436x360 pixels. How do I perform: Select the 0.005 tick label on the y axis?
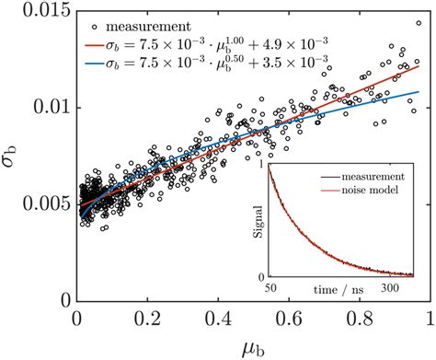point(43,203)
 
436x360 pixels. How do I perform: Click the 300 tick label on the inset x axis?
point(403,287)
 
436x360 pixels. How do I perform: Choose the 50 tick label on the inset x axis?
point(269,287)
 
